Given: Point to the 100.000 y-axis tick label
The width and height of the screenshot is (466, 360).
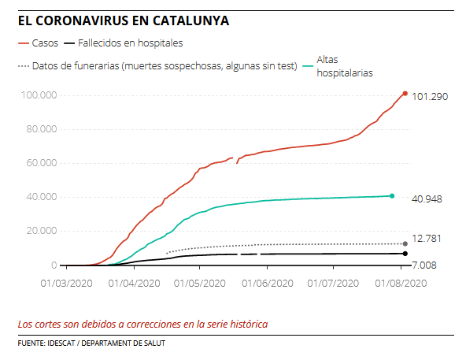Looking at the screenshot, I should (x=39, y=95).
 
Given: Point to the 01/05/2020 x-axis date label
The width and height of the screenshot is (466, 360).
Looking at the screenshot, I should (x=201, y=282).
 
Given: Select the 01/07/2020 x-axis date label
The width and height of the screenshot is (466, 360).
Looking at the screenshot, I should (x=334, y=282).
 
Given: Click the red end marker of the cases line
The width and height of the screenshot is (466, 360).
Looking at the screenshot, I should (x=405, y=94).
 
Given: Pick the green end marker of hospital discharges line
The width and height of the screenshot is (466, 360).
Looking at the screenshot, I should (x=391, y=195).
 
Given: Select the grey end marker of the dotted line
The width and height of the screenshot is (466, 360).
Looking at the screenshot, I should (x=405, y=243).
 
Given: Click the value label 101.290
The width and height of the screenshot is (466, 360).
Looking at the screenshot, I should (x=430, y=97).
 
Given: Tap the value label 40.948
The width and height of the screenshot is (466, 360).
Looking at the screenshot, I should (x=427, y=199).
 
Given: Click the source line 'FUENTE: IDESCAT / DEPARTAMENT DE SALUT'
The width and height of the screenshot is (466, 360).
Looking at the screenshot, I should (x=91, y=343).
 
